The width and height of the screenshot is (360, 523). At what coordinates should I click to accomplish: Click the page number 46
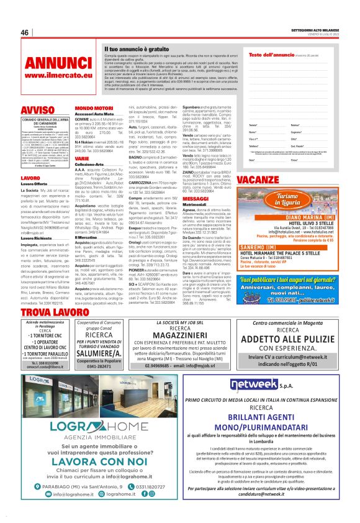click(x=25, y=33)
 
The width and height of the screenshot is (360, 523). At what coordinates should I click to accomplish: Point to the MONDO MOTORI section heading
click(x=94, y=108)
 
